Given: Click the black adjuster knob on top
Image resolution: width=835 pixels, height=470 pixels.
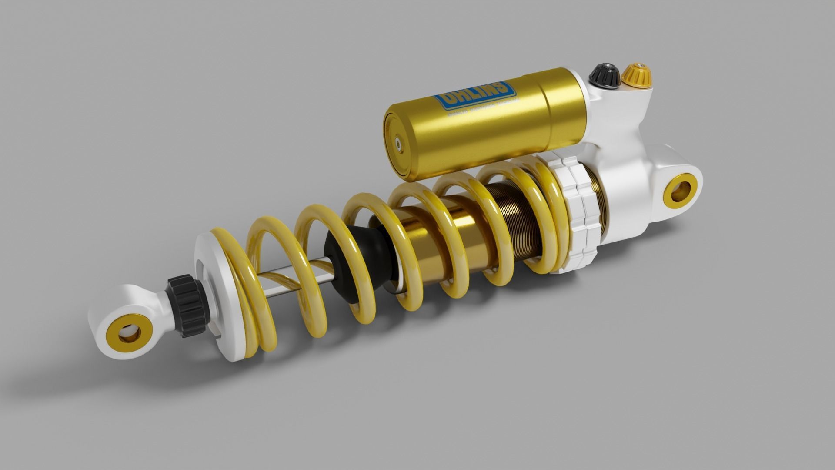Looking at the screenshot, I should (604, 76).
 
